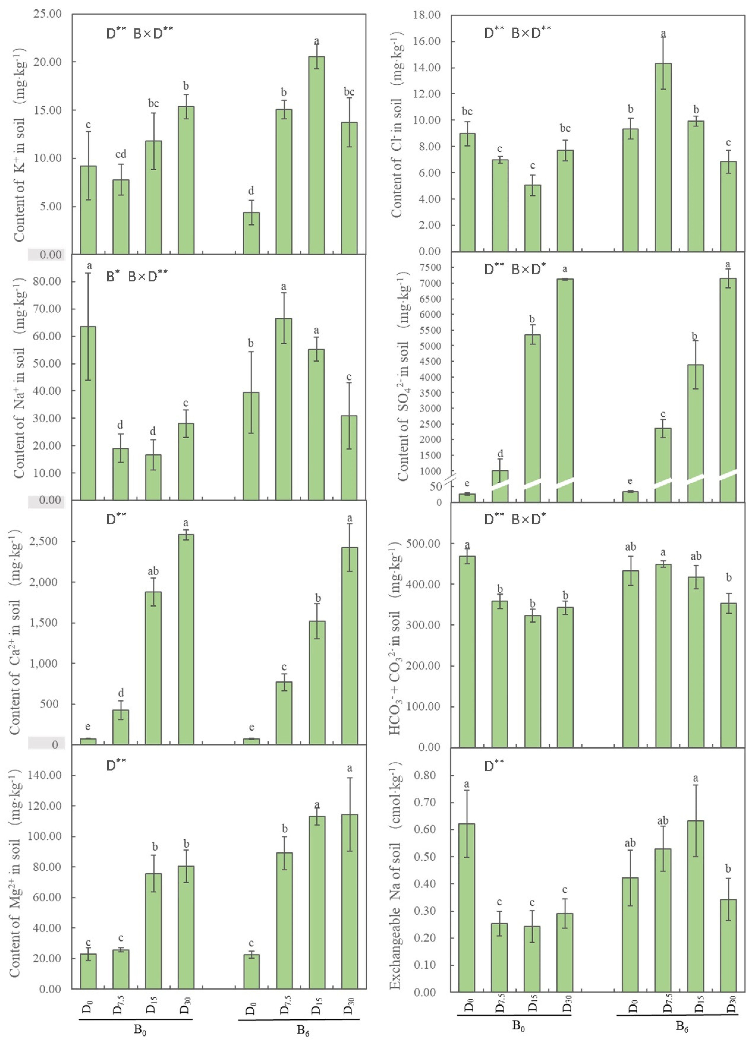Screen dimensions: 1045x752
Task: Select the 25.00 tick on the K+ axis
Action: pyautogui.click(x=48, y=14)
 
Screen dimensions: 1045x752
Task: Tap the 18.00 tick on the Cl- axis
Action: pyautogui.click(x=427, y=15)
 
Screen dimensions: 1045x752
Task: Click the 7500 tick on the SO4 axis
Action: pyautogui.click(x=430, y=267)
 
